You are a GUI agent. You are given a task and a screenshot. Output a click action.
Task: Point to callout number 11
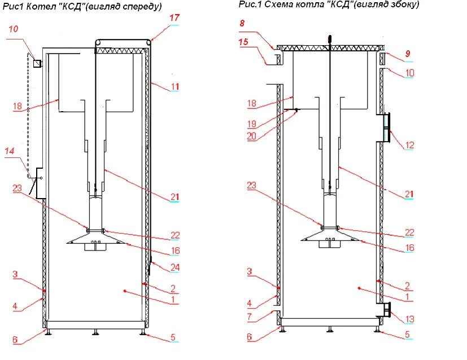point(175,87)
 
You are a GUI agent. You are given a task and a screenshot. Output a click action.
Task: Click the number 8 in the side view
point(242,23)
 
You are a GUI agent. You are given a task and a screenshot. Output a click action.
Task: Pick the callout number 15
point(243,43)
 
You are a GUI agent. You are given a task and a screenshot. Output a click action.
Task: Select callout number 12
point(409,145)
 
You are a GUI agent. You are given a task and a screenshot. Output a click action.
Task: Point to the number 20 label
point(252,135)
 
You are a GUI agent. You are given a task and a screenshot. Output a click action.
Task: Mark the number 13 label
point(409,319)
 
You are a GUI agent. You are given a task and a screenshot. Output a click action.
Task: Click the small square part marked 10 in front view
point(37,63)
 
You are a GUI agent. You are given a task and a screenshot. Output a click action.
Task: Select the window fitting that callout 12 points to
point(385,128)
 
